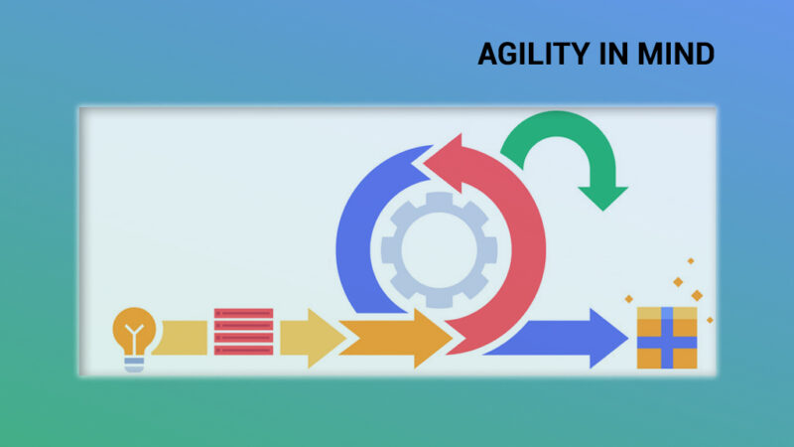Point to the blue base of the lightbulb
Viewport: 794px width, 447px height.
tap(134, 365)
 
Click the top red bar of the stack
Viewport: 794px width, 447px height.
tap(243, 314)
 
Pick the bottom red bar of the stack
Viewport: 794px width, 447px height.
tap(243, 350)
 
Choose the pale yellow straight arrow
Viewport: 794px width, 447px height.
tap(313, 338)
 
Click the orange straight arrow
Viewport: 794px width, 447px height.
tap(395, 338)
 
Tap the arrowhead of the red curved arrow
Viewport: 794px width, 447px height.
tap(446, 162)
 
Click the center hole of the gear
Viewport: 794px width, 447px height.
tap(439, 249)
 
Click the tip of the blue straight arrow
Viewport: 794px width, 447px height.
tap(628, 338)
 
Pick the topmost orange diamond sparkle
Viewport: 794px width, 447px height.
tap(690, 261)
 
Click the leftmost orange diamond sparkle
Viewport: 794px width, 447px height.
tap(628, 299)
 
